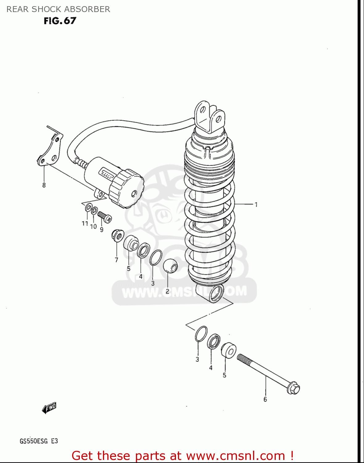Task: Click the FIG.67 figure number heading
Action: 60,21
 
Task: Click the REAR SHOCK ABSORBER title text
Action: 58,9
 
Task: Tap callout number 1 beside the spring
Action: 256,204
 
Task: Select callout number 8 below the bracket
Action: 44,185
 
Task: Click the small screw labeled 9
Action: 104,217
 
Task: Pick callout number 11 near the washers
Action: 85,223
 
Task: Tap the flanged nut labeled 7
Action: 117,236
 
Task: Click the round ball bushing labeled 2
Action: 170,266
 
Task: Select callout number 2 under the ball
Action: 167,291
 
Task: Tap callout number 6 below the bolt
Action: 265,399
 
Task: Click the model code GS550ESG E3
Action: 39,441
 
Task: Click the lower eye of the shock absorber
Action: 216,294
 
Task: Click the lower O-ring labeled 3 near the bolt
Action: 201,334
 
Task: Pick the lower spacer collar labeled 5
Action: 229,350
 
